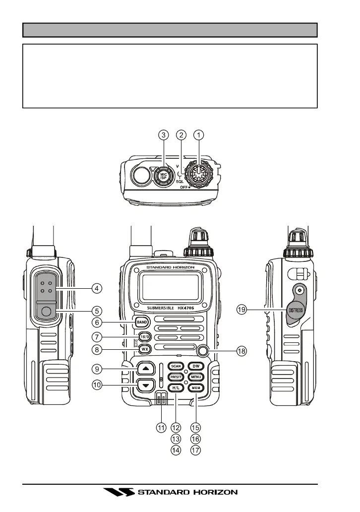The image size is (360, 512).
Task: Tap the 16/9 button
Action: [144, 336]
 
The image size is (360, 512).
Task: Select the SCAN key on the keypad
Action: [176, 366]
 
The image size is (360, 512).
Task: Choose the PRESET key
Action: [176, 377]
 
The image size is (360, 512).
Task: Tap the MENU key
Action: [196, 377]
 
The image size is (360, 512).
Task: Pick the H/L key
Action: [176, 388]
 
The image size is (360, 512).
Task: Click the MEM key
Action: [196, 388]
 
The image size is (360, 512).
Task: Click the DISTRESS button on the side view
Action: [296, 311]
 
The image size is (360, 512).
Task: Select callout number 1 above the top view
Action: [199, 134]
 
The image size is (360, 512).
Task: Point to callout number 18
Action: [241, 351]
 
